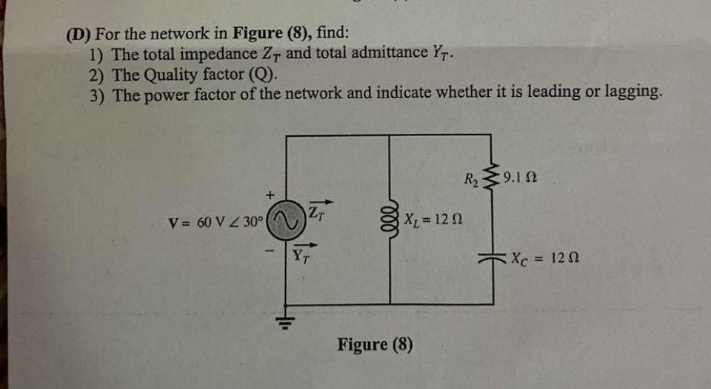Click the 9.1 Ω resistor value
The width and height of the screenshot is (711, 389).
click(x=519, y=177)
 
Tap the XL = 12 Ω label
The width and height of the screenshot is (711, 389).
click(x=434, y=220)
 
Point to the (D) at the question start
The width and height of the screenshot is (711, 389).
click(x=77, y=34)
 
